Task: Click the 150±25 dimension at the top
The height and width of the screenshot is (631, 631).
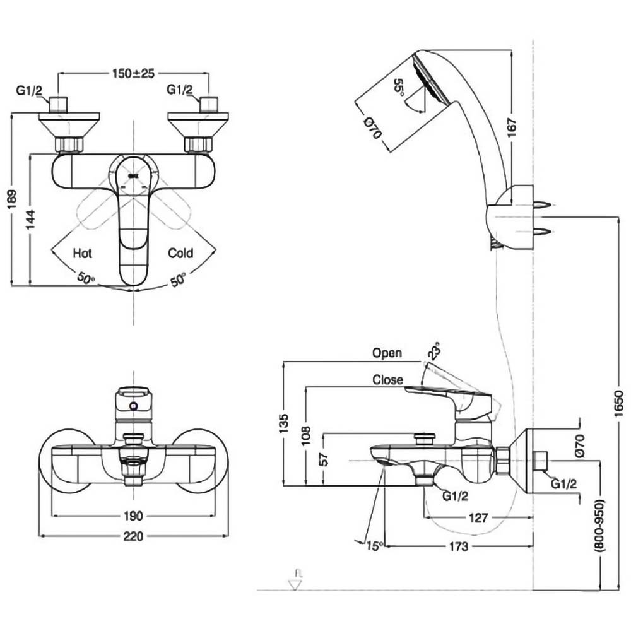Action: [133, 73]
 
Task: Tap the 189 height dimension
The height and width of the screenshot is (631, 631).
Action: [13, 199]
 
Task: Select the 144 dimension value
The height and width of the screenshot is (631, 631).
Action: [30, 220]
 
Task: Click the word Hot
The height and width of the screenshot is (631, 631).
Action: [82, 253]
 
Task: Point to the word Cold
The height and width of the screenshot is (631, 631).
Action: [180, 253]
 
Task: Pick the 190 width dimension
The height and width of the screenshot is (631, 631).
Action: [133, 516]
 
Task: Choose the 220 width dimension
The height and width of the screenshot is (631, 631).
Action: [133, 536]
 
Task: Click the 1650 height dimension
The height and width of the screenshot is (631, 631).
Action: [619, 404]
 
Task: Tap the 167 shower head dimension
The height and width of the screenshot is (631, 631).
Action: [512, 127]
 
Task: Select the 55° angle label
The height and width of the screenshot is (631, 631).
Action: [399, 86]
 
